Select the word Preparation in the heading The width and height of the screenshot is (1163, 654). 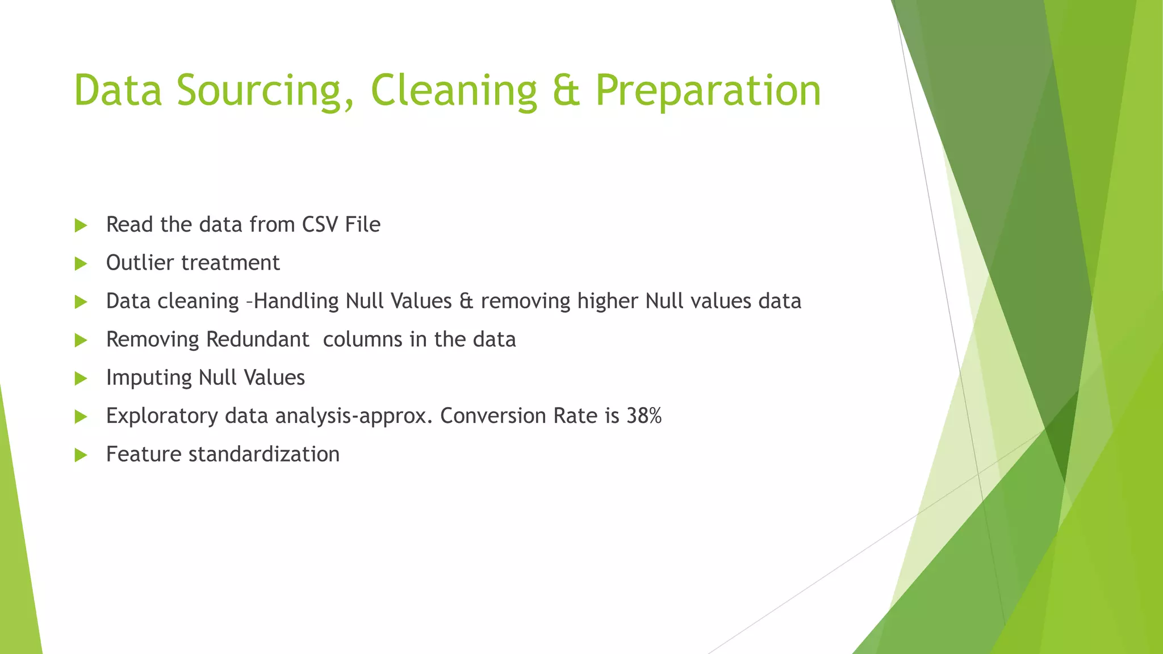pos(708,91)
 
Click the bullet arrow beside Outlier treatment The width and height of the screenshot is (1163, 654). pos(81,263)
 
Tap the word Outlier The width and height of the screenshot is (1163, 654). pos(140,263)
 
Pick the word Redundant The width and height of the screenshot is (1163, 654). pos(257,339)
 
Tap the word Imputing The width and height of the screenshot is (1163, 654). pos(149,378)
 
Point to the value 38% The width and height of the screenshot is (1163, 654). pos(644,416)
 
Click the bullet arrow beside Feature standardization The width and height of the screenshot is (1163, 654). pos(81,455)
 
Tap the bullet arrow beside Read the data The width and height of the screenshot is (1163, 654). pos(81,225)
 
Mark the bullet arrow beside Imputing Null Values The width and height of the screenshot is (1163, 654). pos(81,379)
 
